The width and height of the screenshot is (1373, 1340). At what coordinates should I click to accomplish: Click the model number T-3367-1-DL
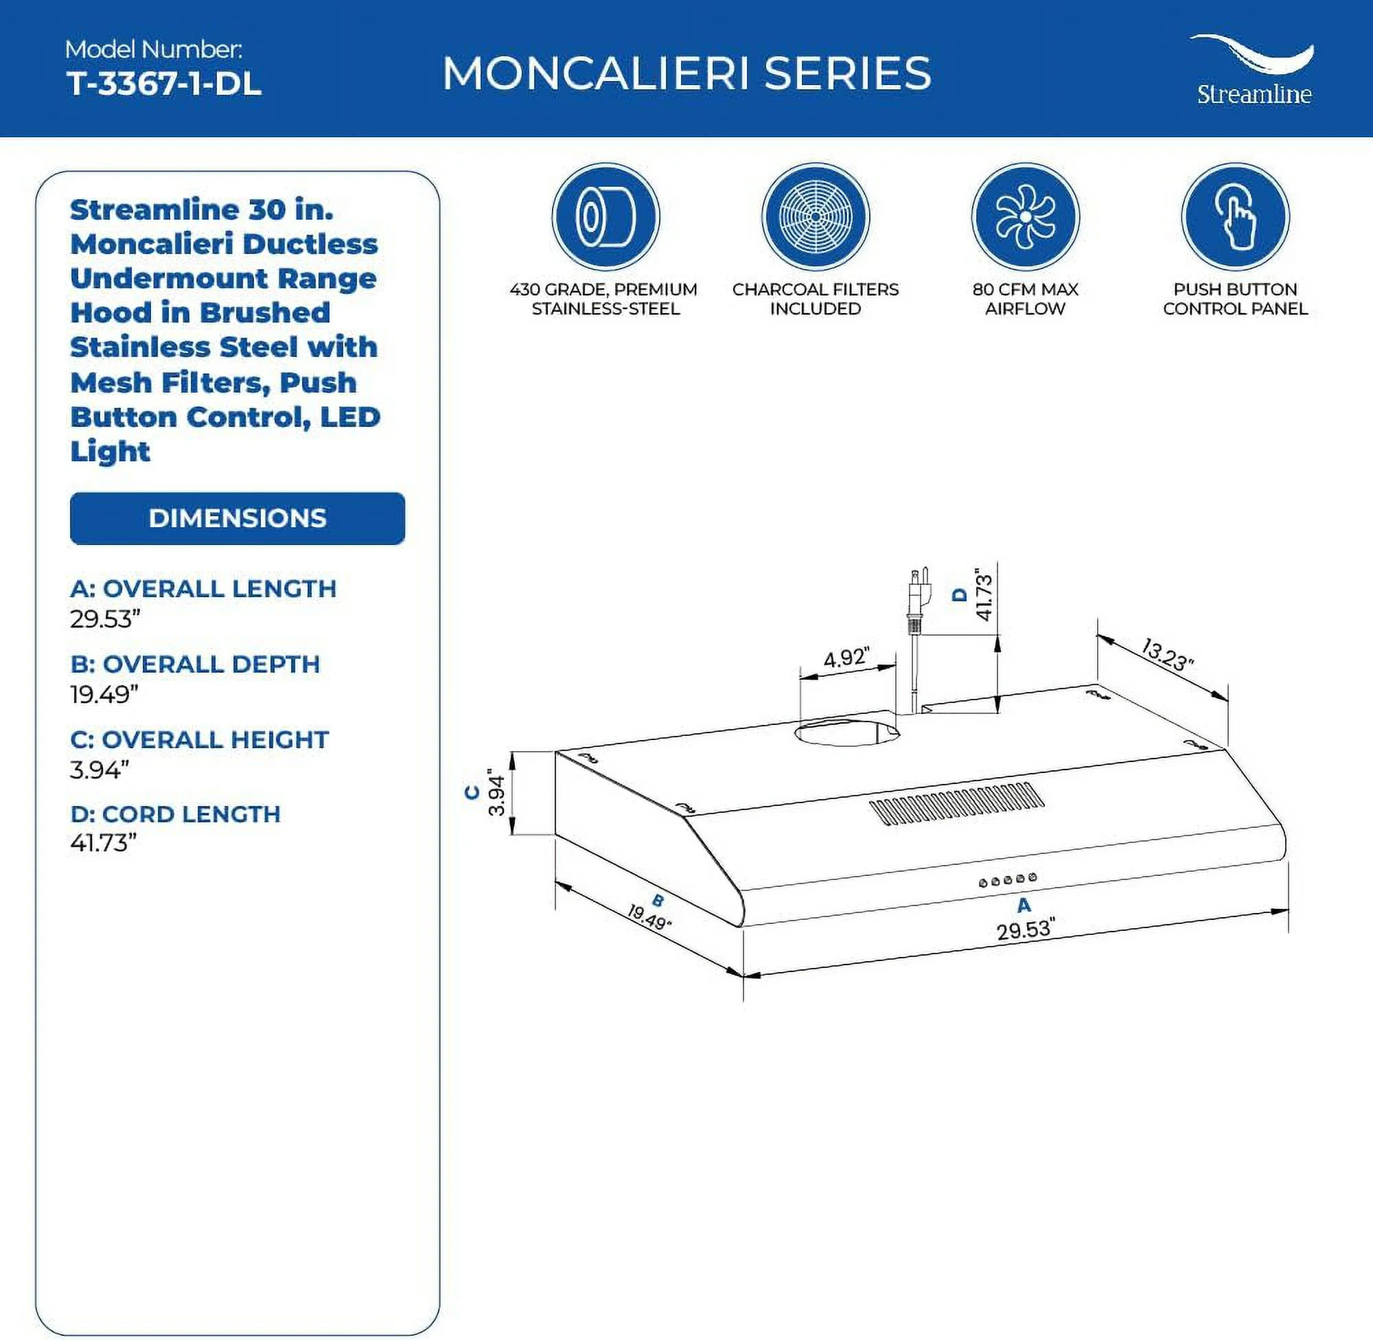tap(163, 84)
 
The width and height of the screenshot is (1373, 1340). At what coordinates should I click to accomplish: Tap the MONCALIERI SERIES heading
tap(686, 73)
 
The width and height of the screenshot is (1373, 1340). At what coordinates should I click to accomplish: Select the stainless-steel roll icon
tap(605, 216)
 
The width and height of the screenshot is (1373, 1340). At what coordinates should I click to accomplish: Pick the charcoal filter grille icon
tap(815, 216)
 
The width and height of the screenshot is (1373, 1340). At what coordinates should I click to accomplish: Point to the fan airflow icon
tap(1025, 216)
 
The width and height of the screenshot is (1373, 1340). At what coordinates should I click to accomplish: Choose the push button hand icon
tap(1234, 216)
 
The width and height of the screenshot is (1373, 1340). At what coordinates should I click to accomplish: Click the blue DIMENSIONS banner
tap(237, 518)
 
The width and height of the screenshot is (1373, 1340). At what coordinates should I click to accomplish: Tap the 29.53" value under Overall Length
tap(105, 619)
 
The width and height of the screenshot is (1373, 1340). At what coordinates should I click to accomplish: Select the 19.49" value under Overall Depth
tap(104, 695)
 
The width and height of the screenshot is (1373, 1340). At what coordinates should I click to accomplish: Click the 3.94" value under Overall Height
tap(100, 770)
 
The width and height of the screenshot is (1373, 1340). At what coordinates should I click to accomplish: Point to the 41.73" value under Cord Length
tap(103, 842)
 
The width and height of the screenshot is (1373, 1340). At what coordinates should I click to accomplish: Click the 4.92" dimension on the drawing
tap(846, 658)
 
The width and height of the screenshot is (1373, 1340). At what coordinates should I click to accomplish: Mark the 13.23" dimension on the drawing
tap(1167, 655)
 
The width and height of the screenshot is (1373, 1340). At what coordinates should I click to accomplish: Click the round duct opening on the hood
tap(846, 732)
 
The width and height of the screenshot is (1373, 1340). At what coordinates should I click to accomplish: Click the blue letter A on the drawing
tap(1024, 905)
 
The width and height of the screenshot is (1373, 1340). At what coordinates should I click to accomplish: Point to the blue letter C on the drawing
tap(472, 793)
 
